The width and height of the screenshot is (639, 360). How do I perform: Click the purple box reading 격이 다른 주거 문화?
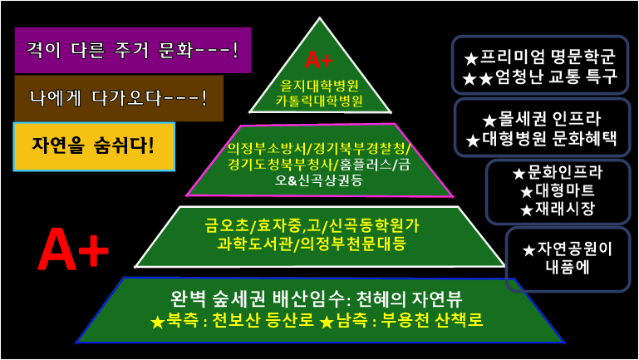[x=133, y=51]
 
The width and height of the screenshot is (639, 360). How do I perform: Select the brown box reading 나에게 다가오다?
[x=119, y=98]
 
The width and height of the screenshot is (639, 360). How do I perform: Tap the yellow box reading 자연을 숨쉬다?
[x=94, y=147]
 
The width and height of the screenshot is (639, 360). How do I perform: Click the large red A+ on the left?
[x=73, y=249]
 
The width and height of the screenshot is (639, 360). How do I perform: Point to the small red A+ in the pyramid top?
[x=320, y=60]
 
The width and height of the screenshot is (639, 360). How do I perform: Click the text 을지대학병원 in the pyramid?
[x=321, y=85]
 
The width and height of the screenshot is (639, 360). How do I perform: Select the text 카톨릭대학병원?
[x=321, y=101]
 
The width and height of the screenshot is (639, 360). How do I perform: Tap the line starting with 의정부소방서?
[x=320, y=148]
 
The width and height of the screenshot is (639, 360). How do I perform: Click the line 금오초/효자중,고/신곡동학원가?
[x=323, y=225]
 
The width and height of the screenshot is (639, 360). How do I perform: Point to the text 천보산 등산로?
[x=247, y=320]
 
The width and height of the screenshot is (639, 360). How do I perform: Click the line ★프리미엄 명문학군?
[x=539, y=58]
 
